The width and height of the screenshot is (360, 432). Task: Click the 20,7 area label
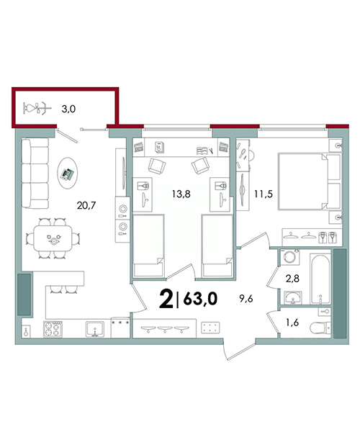tap(86, 205)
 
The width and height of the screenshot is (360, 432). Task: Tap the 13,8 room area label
tap(181, 194)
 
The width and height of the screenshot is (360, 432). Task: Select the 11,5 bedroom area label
tap(264, 194)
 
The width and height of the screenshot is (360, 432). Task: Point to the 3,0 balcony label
tap(68, 109)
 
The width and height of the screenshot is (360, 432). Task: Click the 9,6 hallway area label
tap(246, 298)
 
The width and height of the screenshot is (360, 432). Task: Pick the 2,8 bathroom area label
tap(292, 279)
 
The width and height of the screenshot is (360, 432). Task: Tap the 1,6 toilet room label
tap(292, 322)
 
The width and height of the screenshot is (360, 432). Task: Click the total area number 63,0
tap(200, 299)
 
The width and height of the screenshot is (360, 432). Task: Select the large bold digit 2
tap(166, 299)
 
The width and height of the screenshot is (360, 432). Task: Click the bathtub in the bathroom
tap(320, 279)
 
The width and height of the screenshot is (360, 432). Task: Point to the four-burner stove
tap(53, 329)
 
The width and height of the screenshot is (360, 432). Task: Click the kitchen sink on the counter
tap(95, 329)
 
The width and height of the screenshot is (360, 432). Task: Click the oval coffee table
tap(67, 173)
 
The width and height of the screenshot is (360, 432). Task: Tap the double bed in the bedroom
tap(309, 182)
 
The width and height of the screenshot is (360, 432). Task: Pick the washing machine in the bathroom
tap(289, 257)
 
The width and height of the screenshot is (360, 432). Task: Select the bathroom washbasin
tap(292, 297)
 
